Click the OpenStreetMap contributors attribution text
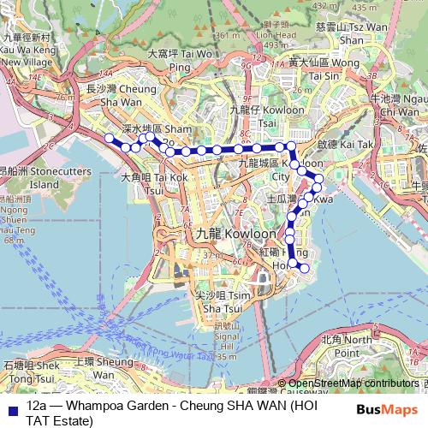pos(353,383)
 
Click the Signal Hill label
pos(226,336)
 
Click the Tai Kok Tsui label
pos(154,183)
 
